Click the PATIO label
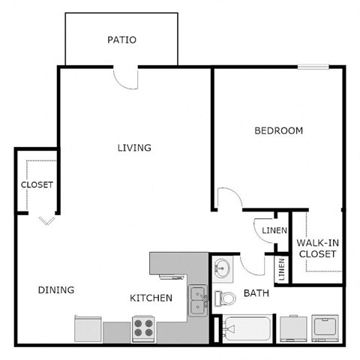click(x=121, y=40)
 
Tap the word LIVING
click(x=134, y=148)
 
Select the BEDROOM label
click(x=278, y=130)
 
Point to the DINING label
click(x=56, y=290)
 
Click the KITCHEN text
click(x=151, y=298)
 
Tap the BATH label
click(x=256, y=293)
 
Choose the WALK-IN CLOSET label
click(x=316, y=248)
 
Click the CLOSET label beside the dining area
click(x=37, y=185)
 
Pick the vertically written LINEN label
click(x=281, y=270)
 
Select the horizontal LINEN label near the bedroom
click(x=274, y=230)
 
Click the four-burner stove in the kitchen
click(x=143, y=328)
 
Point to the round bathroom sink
click(x=221, y=268)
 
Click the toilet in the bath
click(x=224, y=297)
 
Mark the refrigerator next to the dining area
click(x=88, y=328)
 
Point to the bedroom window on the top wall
click(x=313, y=68)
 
